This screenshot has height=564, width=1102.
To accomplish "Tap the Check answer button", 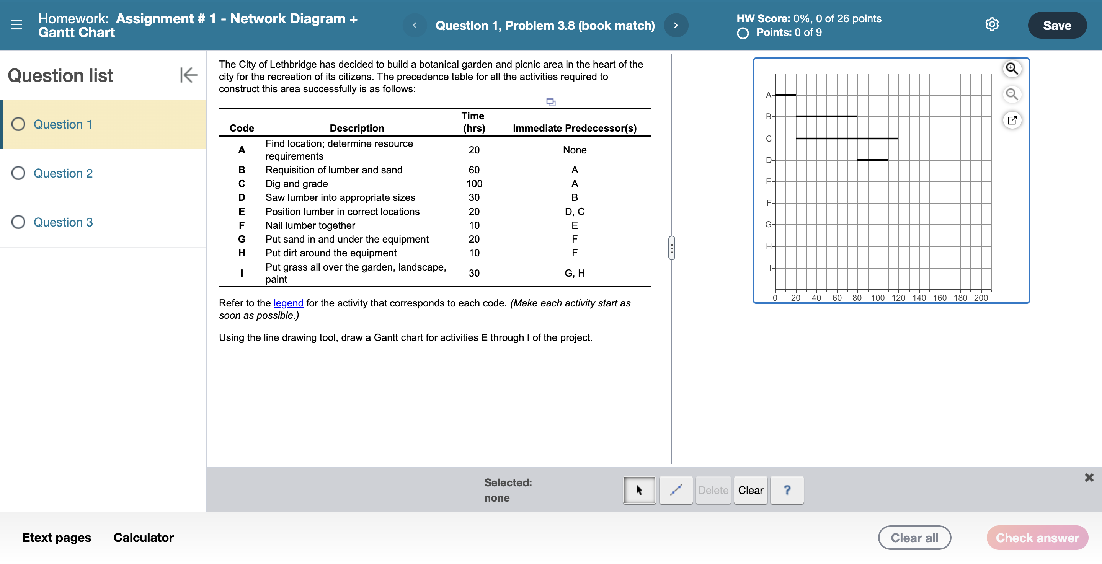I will [1037, 538].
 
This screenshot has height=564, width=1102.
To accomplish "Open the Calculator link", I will [143, 538].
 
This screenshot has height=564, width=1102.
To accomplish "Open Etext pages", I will [57, 538].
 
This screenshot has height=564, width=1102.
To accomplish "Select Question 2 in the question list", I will [63, 173].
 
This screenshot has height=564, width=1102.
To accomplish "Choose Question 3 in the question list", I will [63, 222].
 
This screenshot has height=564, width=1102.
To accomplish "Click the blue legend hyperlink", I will [288, 303].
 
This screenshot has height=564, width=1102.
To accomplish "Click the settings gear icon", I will [992, 24].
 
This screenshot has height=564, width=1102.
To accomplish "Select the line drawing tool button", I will [676, 490].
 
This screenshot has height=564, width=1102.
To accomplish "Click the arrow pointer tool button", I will [639, 490].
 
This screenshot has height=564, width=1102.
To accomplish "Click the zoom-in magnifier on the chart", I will [1012, 68].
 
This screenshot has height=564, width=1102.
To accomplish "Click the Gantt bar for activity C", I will [847, 139].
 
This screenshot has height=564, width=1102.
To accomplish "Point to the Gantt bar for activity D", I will [872, 160].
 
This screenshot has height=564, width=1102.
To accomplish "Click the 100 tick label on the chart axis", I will [877, 298].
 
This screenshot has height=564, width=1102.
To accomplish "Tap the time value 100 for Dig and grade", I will [474, 184].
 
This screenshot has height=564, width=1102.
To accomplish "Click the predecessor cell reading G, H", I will [575, 273].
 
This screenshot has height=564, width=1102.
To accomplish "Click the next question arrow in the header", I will [676, 26].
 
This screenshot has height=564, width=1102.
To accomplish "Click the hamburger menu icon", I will [16, 25].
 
